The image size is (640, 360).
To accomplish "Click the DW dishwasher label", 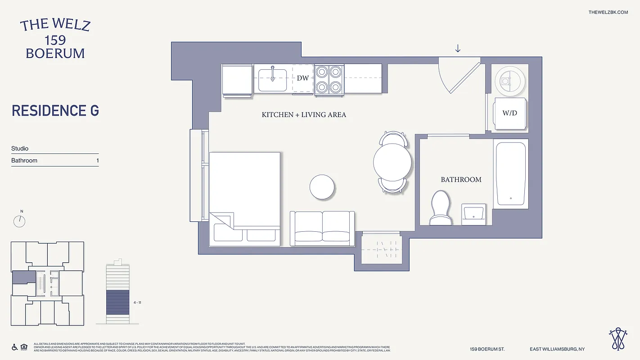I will tap(303, 78).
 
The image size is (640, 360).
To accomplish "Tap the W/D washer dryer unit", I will tap(510, 113).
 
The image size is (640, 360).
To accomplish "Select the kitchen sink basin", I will tap(272, 79).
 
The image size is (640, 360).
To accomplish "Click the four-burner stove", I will tap(329, 79).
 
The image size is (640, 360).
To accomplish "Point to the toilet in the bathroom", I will tap(440, 207).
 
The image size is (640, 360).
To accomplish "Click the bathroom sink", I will tap(473, 214).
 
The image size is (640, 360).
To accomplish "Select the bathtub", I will tap(510, 173).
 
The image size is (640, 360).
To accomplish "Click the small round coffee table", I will tap(322, 187).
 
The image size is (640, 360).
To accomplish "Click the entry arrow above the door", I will tap(458, 48).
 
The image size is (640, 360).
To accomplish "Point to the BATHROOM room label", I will tap(461, 180).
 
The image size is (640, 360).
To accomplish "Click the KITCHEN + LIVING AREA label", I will tap(304, 115).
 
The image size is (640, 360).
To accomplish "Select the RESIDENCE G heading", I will tap(55, 111).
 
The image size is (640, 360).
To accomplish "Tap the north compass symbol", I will tap(19, 220).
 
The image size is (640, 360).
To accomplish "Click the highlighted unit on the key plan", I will tap(23, 277).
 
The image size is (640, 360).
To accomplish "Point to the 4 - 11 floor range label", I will tap(137, 303).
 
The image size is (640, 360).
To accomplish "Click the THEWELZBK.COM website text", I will tap(608, 12).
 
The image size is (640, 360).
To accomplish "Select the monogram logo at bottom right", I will tap(619, 339).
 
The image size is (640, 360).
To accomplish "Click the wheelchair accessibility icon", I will tap(14, 347).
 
